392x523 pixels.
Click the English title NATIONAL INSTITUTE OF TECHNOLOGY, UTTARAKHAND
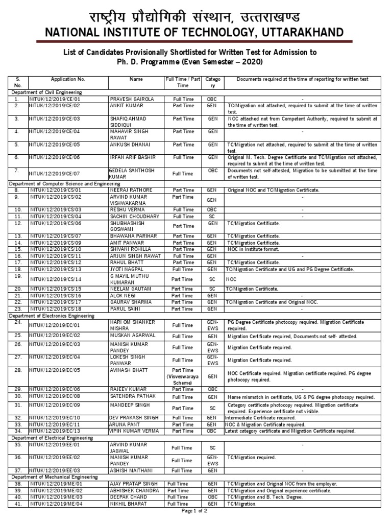[x=195, y=33]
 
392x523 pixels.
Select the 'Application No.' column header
[x=68, y=80]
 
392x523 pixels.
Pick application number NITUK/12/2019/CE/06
[x=56, y=158]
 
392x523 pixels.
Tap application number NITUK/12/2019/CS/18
[x=56, y=308]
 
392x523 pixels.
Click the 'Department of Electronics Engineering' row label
[x=53, y=316]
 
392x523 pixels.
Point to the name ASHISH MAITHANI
[x=129, y=470]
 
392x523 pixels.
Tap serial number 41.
[x=17, y=504]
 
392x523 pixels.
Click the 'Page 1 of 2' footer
[x=195, y=511]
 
